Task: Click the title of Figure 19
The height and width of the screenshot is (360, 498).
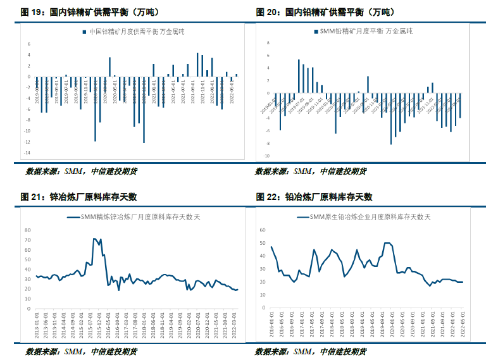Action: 82,12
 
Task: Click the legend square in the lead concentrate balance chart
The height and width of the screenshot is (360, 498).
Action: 316,31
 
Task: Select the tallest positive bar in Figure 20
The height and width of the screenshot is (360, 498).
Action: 299,76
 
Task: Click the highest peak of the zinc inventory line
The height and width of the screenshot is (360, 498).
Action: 94,239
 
